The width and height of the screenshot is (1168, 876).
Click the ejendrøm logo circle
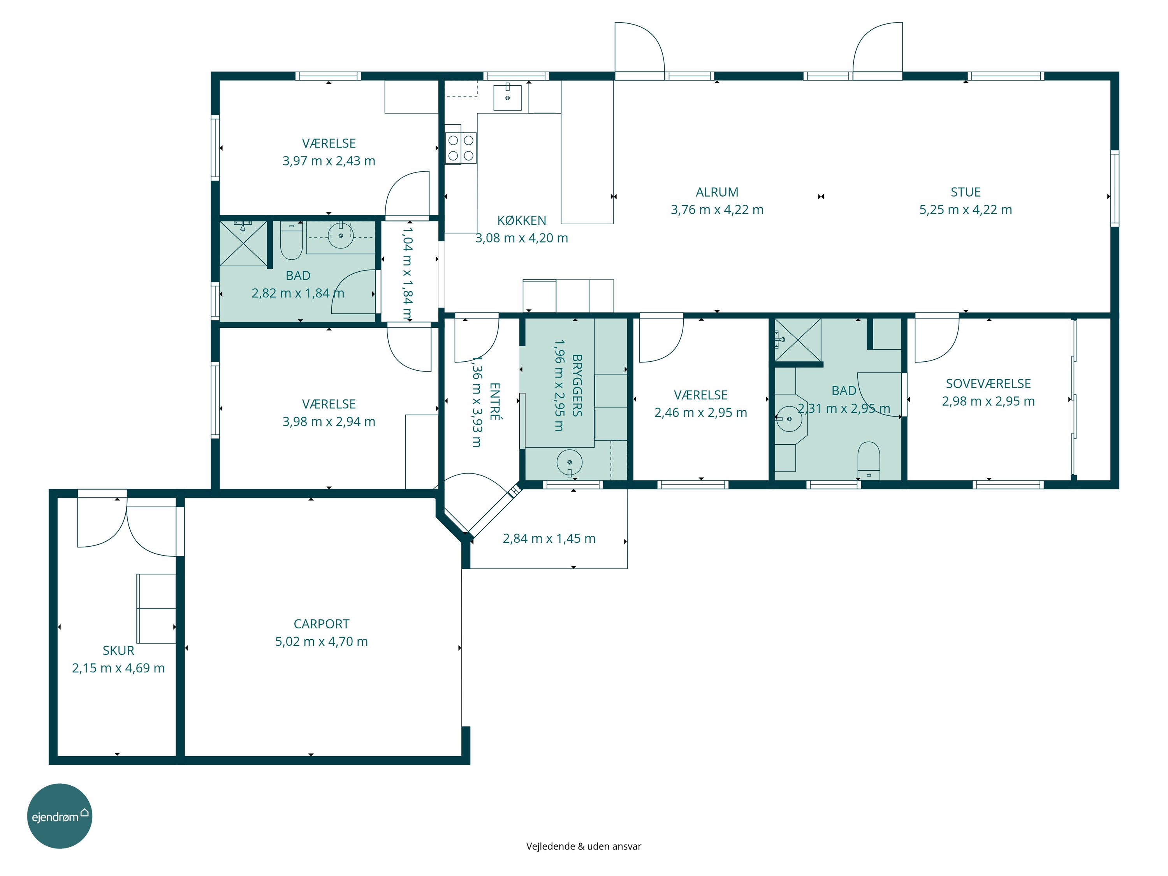[x=60, y=816]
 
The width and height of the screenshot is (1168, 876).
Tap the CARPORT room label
[x=321, y=624]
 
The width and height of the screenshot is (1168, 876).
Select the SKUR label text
[x=118, y=650]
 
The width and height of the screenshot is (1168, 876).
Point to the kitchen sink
[x=507, y=98]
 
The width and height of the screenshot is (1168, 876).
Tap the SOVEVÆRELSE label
[x=988, y=383]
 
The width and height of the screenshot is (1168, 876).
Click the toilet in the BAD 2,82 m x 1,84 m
[x=291, y=241]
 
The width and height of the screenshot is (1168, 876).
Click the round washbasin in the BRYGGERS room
[x=569, y=463]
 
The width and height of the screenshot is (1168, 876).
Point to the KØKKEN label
[x=521, y=220]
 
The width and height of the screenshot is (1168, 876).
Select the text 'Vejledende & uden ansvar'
[x=584, y=846]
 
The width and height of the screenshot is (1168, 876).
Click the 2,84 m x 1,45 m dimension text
[x=549, y=538]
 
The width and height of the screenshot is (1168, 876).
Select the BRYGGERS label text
[x=577, y=385]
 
